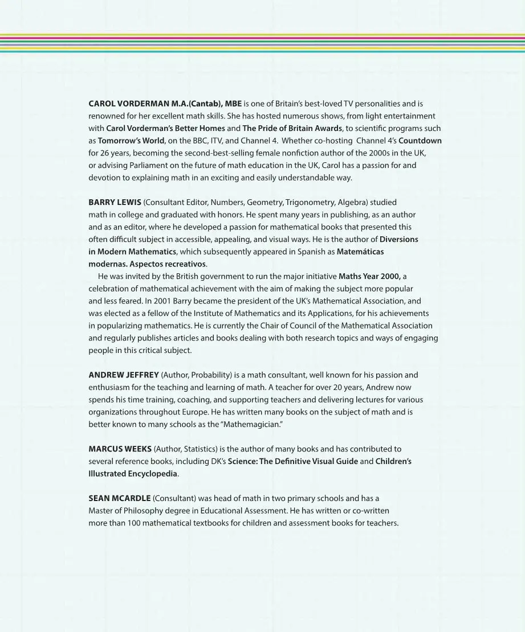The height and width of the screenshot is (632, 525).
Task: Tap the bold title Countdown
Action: tap(420, 141)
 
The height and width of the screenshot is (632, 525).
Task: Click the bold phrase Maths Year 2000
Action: tap(369, 276)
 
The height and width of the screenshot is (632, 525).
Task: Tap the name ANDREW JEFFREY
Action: tap(124, 375)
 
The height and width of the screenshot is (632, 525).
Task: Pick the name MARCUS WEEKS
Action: tap(120, 449)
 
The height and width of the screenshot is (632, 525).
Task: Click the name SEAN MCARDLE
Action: tap(119, 498)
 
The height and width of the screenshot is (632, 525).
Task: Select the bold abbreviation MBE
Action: tap(233, 104)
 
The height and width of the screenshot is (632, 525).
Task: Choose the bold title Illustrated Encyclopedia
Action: tap(133, 474)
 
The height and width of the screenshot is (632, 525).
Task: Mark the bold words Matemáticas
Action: tap(360, 252)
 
